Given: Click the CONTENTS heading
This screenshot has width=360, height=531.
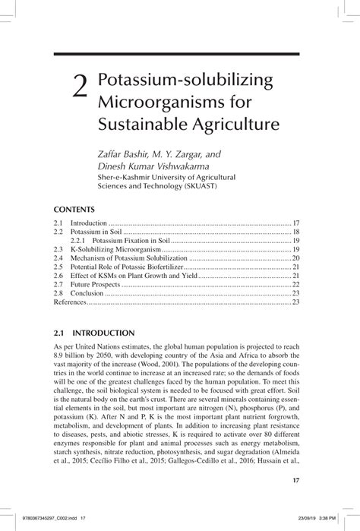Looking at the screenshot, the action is (74, 209).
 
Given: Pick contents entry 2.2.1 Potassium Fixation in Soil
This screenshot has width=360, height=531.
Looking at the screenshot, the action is (131, 239).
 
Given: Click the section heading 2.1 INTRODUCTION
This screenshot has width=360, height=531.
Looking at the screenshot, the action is (94, 333).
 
